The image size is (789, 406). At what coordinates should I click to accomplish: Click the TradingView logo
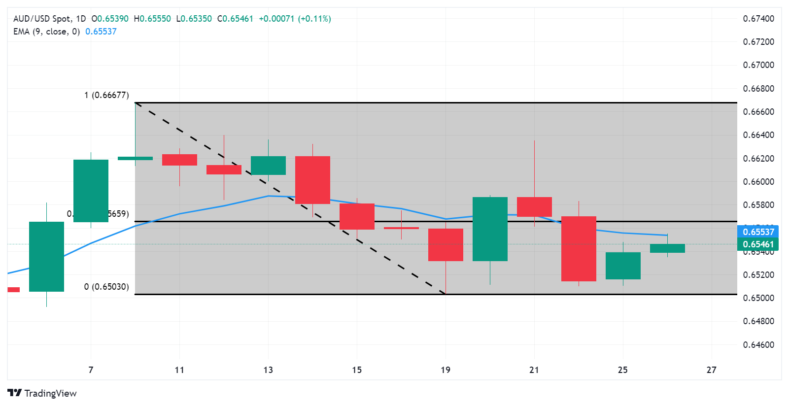42,393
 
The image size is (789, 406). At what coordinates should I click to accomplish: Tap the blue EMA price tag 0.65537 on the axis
758,232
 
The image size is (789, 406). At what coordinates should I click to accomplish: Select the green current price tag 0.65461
758,244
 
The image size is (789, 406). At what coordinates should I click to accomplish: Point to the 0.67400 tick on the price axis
758,19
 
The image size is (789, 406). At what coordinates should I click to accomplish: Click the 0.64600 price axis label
758,344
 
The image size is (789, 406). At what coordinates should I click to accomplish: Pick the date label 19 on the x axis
446,370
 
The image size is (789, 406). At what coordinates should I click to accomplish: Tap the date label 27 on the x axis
711,370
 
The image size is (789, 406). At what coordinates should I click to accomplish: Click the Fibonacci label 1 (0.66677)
106,95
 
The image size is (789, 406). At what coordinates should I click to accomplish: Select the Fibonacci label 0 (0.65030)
106,287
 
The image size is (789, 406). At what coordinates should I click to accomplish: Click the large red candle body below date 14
312,180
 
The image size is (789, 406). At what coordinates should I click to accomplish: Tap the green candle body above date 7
91,191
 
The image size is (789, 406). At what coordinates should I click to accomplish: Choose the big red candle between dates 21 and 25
579,249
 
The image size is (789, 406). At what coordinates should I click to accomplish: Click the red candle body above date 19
446,245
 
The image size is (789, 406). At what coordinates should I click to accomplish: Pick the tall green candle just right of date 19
490,229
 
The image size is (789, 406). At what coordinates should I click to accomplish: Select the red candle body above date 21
534,206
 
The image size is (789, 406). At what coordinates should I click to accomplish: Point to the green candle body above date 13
268,166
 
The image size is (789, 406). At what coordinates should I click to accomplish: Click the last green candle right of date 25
667,248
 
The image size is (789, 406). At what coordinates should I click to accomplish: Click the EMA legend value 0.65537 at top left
101,32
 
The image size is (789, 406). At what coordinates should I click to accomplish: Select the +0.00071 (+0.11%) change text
295,19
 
